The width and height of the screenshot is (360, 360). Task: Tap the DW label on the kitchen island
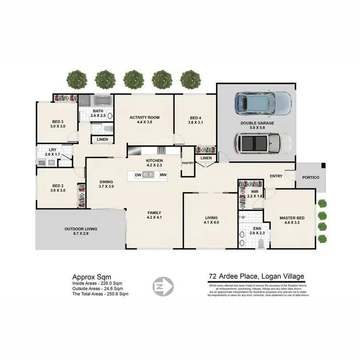[137, 175]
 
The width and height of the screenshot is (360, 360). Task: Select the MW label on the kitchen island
[163, 175]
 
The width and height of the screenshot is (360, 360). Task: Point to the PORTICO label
[310, 178]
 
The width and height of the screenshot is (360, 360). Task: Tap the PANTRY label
[187, 163]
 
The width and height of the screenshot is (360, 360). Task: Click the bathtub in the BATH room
[101, 101]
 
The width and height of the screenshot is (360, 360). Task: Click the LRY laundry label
[51, 150]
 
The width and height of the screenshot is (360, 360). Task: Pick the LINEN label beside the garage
[205, 158]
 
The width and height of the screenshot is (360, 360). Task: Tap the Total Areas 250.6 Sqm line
[100, 294]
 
